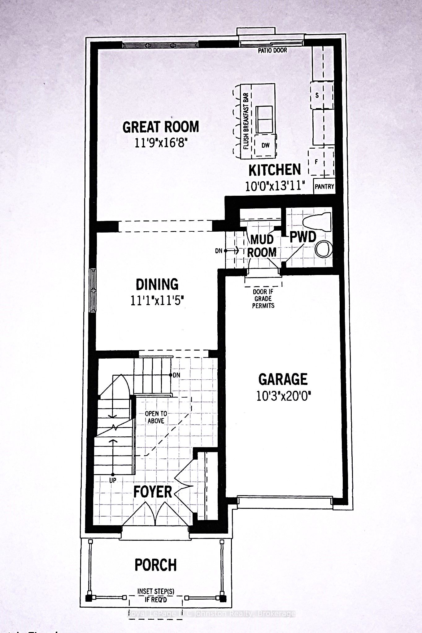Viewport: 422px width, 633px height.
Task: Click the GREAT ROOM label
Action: pos(161,127)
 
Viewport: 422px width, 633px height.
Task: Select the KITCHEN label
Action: pos(275,170)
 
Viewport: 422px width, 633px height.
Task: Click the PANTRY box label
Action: pos(324,186)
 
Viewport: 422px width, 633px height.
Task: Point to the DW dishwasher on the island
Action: pos(265,145)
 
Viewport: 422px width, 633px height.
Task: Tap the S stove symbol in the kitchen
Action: pos(317,95)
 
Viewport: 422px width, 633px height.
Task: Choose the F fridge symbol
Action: pos(316,162)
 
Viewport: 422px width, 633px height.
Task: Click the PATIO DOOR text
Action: pos(272,50)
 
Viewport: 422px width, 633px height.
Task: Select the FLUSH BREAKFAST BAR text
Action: pos(246,121)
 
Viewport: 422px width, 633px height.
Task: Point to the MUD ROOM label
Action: pos(262,246)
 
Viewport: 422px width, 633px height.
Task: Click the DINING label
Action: pos(157,284)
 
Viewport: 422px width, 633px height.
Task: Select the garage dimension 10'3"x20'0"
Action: pos(283,396)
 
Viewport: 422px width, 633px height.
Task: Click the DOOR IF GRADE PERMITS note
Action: pos(263,299)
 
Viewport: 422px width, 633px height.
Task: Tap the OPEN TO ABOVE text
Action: pos(156,417)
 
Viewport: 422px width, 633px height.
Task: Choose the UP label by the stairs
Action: pos(112,480)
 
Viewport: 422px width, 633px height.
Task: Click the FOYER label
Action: pos(153,492)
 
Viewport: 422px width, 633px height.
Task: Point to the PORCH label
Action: pos(156,565)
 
